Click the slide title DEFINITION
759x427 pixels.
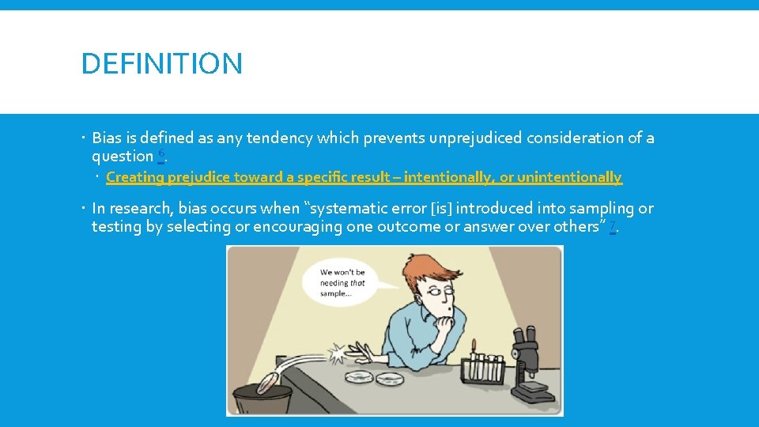pos(162,63)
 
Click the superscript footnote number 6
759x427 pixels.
pos(161,153)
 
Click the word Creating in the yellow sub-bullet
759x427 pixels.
pos(134,177)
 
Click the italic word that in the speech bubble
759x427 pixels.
pos(357,282)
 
